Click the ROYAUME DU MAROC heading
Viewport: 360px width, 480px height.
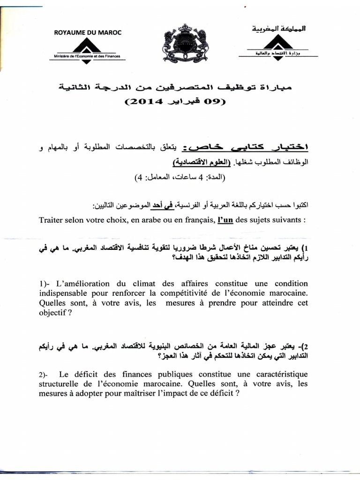88,32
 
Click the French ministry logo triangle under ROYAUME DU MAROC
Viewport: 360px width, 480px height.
88,46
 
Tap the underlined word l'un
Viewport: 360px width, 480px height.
225,220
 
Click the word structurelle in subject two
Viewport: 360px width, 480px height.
60,384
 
